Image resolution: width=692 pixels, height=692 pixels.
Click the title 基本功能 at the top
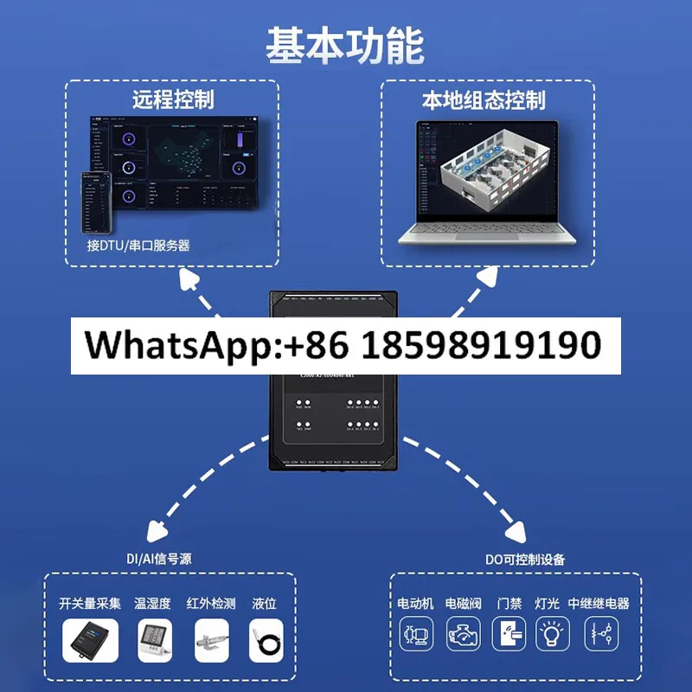(x=345, y=45)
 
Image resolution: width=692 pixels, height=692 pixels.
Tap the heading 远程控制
(x=173, y=99)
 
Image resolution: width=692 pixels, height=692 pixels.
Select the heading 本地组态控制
(x=484, y=99)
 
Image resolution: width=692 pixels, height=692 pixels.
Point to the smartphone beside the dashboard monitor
(x=97, y=202)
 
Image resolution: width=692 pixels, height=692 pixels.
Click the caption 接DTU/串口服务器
(x=138, y=245)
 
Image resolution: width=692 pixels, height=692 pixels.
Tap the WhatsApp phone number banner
(x=345, y=345)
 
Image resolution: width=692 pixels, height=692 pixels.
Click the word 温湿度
(x=152, y=603)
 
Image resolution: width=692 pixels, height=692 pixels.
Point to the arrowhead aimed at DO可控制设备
(x=517, y=532)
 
